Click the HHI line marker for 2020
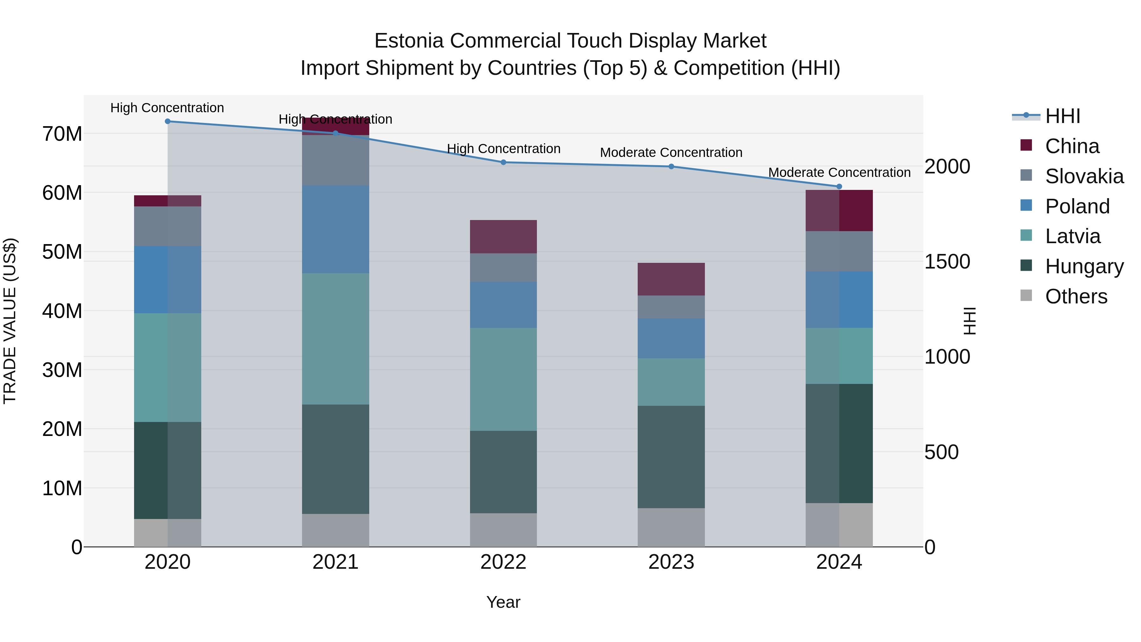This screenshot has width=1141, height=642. (x=167, y=121)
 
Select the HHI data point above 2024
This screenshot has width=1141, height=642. (x=839, y=186)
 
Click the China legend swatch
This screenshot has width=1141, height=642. (x=1026, y=145)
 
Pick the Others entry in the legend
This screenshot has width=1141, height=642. (x=1076, y=296)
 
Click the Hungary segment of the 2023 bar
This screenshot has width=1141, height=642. (x=671, y=457)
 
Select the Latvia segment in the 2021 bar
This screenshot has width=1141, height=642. (x=335, y=339)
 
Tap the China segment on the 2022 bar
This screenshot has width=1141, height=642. (x=503, y=237)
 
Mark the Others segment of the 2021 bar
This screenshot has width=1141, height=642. (x=335, y=530)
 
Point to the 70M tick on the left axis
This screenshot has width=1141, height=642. (x=62, y=134)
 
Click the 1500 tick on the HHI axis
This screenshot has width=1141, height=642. (x=947, y=262)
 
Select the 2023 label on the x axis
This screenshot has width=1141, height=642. (x=671, y=562)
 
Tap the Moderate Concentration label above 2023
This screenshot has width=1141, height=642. (x=671, y=152)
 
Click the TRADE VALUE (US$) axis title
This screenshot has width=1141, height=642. (x=10, y=321)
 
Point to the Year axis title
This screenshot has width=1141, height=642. (x=503, y=602)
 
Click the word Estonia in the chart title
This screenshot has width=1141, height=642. (x=409, y=41)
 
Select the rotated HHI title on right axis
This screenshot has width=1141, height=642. (x=970, y=321)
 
